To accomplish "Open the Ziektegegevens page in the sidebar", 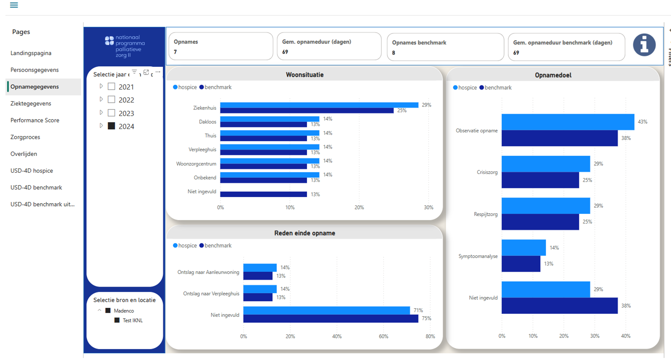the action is tap(31, 104).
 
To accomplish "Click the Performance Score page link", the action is tap(35, 120).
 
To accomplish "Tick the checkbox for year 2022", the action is tap(111, 99).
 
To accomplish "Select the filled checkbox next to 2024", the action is tap(111, 126).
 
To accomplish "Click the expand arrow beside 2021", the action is tap(101, 86).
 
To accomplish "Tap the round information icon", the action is tap(644, 45).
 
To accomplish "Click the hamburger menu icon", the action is tap(14, 5).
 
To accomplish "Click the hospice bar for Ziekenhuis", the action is tap(319, 105).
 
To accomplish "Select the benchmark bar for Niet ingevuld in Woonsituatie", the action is tap(264, 194).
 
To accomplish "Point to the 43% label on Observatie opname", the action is tap(642, 122).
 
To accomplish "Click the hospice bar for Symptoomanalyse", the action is tap(524, 248).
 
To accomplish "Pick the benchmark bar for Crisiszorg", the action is tap(540, 180).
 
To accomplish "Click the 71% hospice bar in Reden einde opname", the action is tap(326, 311).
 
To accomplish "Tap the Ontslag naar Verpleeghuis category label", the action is tap(211, 294).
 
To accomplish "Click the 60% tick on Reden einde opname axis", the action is tap(383, 336).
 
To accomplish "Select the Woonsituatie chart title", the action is tap(304, 75).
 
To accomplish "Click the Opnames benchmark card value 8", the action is tap(393, 53).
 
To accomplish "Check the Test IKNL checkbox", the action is tap(117, 320).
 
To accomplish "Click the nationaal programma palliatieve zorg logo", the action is tap(125, 46).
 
